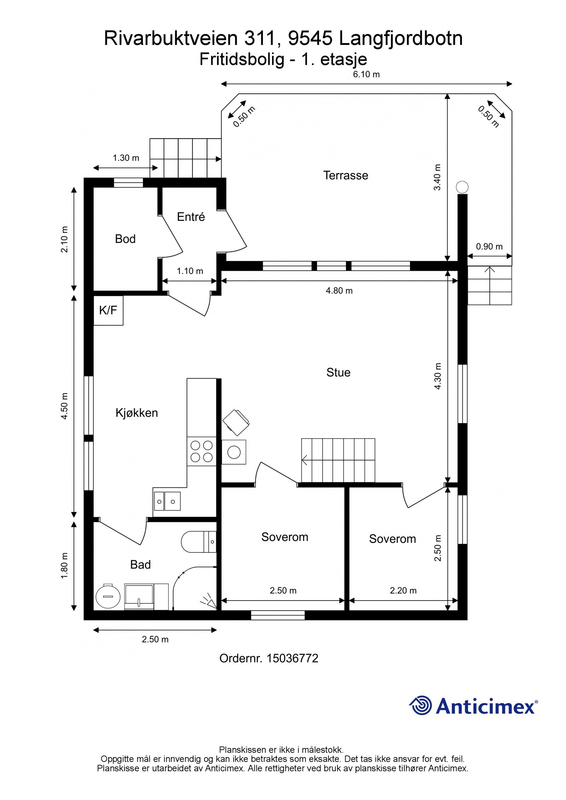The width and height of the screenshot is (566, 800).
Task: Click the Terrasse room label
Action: (x=346, y=175)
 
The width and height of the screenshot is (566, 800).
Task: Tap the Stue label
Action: (x=338, y=372)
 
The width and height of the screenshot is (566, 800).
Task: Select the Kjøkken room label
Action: (x=137, y=413)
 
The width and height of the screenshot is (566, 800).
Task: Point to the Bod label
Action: (x=125, y=239)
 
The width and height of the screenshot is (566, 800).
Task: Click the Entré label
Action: (x=191, y=217)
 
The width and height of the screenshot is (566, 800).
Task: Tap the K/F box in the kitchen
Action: (x=108, y=310)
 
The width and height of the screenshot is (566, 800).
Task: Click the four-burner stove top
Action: (x=202, y=451)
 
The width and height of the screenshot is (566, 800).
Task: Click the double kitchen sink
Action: (x=167, y=501)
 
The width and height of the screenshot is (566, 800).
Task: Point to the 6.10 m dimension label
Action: (x=366, y=74)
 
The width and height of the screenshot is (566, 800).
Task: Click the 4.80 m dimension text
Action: (x=339, y=291)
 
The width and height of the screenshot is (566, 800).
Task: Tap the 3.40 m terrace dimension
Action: (x=438, y=177)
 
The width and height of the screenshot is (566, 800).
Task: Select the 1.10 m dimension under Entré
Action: (x=190, y=271)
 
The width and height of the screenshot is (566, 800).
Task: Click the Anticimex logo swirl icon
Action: (x=421, y=705)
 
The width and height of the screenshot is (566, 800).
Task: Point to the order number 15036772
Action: (x=292, y=658)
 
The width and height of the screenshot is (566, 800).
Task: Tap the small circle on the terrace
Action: (x=462, y=187)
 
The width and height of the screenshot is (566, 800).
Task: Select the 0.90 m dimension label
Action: (x=489, y=246)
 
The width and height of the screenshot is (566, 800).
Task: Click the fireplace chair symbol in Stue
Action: (x=236, y=422)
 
